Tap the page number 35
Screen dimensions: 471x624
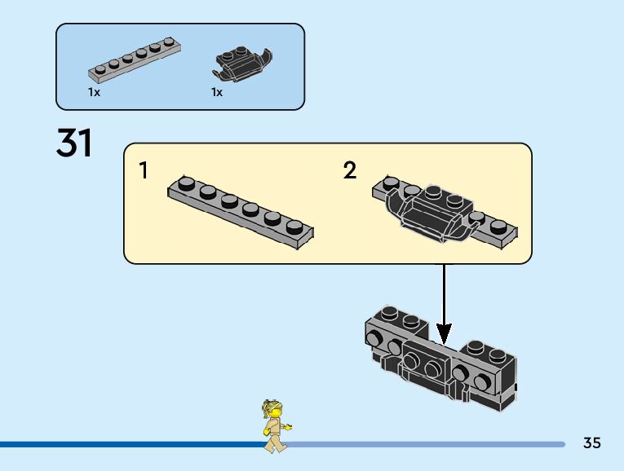point(592,443)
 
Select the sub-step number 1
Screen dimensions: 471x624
point(144,170)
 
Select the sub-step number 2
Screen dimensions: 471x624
point(350,170)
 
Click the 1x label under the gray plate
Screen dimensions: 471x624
point(94,93)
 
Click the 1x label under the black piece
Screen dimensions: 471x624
point(217,93)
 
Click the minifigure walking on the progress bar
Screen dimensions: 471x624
point(275,425)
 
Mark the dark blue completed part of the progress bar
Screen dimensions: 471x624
point(122,444)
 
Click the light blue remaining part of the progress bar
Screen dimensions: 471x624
point(424,444)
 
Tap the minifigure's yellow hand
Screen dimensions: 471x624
point(289,426)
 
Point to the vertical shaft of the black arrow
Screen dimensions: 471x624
point(444,293)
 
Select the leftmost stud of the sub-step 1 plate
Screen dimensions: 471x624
point(186,184)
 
